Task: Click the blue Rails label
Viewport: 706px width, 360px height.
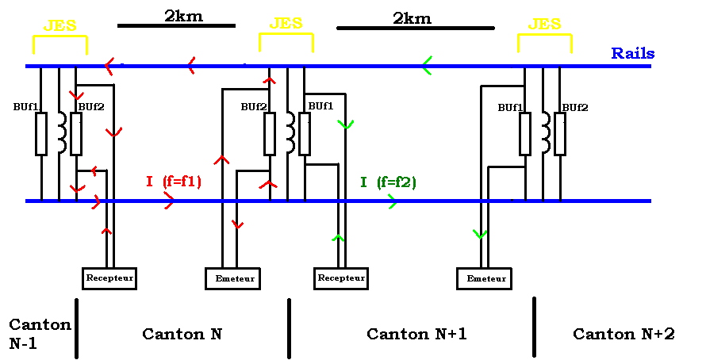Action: click(x=632, y=53)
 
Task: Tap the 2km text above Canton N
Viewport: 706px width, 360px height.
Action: click(x=184, y=16)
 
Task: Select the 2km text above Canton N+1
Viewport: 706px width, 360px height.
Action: click(x=412, y=18)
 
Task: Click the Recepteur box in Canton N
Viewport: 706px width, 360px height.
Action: click(x=109, y=278)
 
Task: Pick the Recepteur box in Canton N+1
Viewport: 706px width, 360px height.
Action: click(x=341, y=278)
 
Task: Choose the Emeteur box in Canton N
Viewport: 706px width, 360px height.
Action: click(x=232, y=278)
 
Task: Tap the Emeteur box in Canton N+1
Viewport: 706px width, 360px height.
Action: click(x=484, y=278)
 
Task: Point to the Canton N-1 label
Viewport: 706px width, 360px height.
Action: click(x=40, y=334)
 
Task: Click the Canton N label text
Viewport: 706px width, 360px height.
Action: click(x=182, y=334)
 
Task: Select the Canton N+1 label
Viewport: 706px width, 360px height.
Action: click(x=416, y=334)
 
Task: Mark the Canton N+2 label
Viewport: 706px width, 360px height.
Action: click(x=624, y=334)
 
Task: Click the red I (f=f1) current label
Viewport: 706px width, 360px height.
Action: click(x=174, y=182)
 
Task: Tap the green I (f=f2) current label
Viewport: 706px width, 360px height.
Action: click(x=388, y=182)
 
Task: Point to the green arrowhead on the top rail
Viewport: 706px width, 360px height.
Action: click(x=427, y=66)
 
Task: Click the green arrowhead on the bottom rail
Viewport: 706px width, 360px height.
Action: click(x=392, y=201)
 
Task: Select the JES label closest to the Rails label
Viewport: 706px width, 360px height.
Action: click(x=544, y=24)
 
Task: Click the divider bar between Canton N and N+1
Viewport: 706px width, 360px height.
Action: click(x=289, y=328)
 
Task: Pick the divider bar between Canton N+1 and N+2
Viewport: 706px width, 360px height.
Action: click(x=534, y=327)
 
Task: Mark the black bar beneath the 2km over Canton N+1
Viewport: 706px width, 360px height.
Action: click(x=416, y=28)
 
